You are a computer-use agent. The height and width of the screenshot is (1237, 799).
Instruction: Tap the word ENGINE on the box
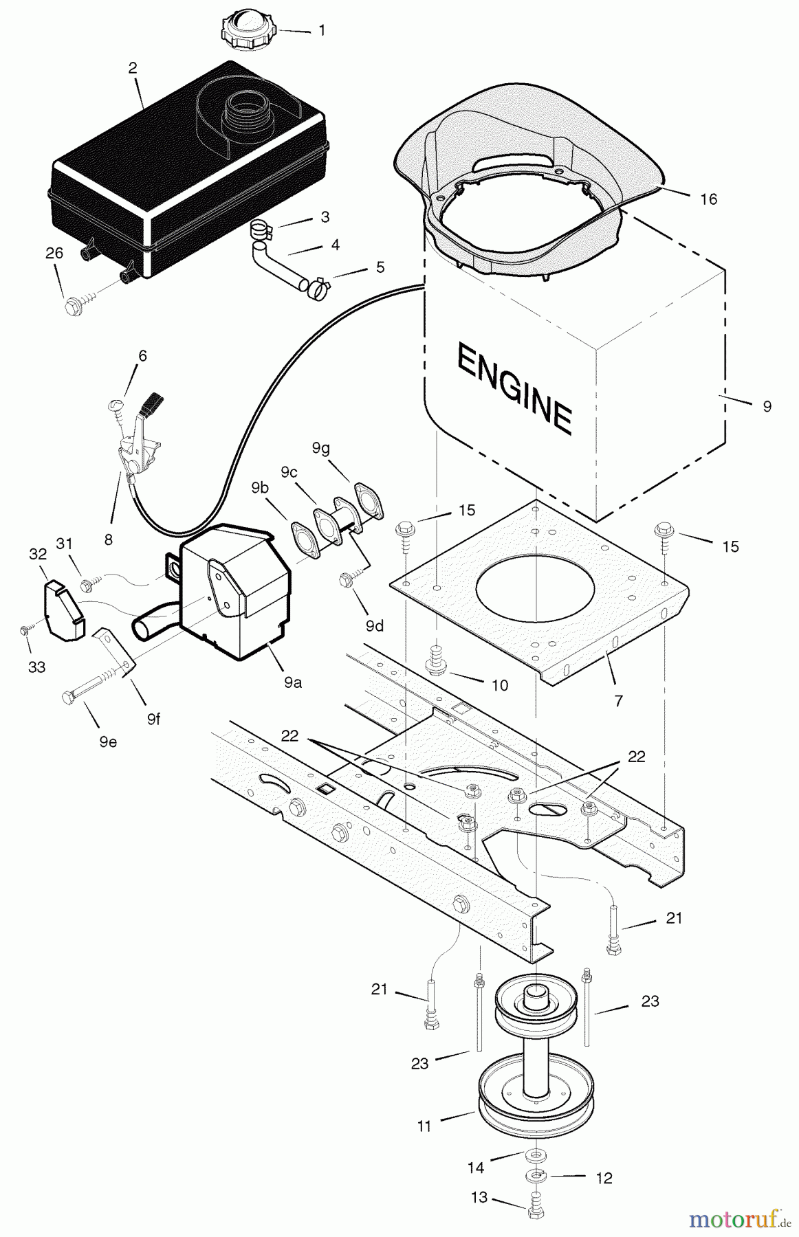[514, 388]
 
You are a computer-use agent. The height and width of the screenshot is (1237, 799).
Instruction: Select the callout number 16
[708, 199]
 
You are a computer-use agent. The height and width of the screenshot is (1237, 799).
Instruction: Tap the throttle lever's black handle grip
[151, 401]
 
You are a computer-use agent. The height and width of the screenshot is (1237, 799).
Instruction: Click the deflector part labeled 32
[63, 609]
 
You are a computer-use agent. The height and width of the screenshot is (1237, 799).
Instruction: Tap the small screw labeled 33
[25, 628]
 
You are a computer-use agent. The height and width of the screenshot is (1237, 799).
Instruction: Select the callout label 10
[500, 685]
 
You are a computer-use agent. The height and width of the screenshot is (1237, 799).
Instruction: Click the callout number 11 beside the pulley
[424, 1126]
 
